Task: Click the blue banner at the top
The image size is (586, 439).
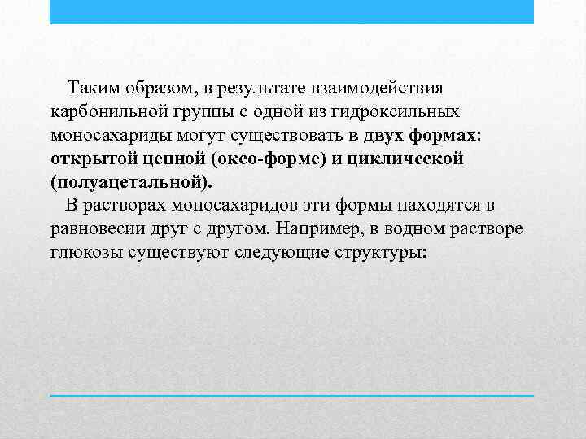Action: click(291, 11)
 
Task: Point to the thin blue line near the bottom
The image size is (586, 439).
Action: click(291, 395)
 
